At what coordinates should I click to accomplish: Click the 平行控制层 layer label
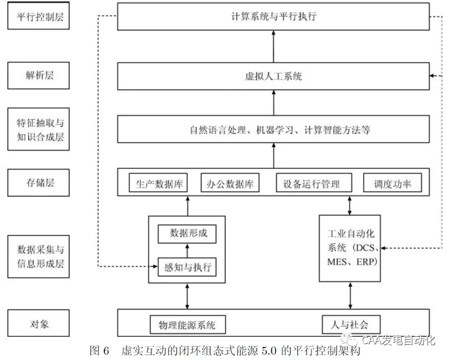click(x=39, y=17)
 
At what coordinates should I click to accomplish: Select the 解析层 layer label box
click(x=39, y=75)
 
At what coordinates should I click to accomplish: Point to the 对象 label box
click(x=39, y=324)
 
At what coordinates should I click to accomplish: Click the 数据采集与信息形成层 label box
click(x=39, y=257)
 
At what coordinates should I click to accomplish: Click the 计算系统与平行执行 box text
click(x=273, y=17)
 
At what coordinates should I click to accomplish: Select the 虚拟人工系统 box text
click(x=273, y=76)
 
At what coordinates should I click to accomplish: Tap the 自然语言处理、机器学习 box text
click(x=273, y=130)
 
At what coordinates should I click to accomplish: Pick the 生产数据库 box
click(x=159, y=184)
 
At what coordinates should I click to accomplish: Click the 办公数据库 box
click(x=230, y=184)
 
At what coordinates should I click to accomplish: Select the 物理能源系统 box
click(x=187, y=325)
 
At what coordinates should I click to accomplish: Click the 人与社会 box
click(x=350, y=325)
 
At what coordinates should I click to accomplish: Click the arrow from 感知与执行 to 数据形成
click(x=187, y=251)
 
